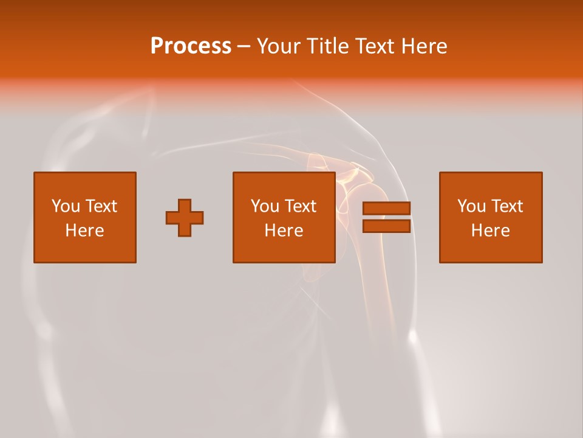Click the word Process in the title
coord(191,46)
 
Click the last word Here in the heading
coord(424,46)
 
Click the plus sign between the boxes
coord(185,218)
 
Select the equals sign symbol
coord(386,217)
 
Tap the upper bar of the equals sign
coord(386,209)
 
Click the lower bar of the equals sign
coord(386,226)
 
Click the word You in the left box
coord(66,206)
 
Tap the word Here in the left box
coord(85,231)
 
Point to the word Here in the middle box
coord(284,231)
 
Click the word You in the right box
coord(471,206)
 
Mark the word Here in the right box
coord(491,231)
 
